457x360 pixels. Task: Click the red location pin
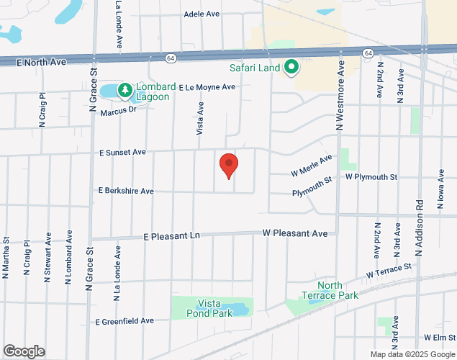(229, 166)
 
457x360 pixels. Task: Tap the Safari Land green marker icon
(291, 68)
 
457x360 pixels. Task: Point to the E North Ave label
(41, 63)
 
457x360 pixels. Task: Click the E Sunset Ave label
(123, 153)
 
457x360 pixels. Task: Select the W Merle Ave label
(312, 166)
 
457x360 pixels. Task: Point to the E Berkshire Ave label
(126, 192)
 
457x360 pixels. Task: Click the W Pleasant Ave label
(295, 233)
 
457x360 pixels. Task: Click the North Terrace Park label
(330, 290)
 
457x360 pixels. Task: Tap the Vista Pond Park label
(209, 309)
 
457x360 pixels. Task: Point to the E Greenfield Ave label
(125, 320)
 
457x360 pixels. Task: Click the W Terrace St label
(388, 271)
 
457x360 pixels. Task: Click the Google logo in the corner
(23, 351)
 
